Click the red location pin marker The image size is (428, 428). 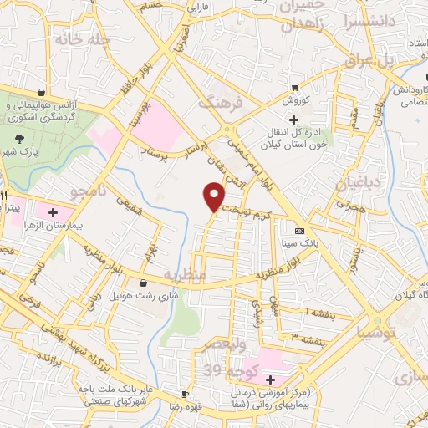click(214, 196)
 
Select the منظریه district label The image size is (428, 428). click(184, 274)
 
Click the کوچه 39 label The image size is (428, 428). click(222, 369)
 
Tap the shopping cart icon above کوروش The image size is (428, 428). click(294, 88)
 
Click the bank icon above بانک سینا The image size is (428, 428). click(299, 231)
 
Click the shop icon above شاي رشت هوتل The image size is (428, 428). click(145, 283)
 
